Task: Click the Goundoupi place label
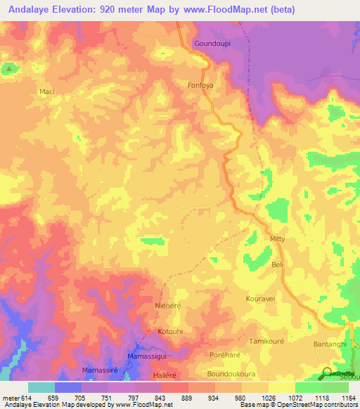tap(212, 43)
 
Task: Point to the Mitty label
tap(278, 240)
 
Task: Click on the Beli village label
tap(277, 265)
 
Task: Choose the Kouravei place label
tap(260, 299)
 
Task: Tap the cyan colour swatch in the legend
tap(41, 387)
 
